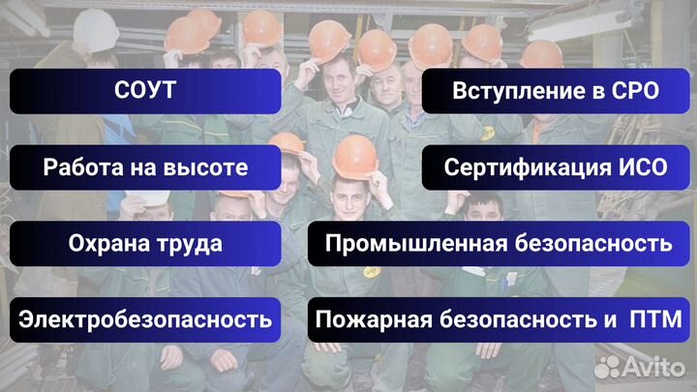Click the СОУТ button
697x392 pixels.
coord(145,92)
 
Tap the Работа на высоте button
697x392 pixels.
coord(145,167)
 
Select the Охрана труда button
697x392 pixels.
coord(145,243)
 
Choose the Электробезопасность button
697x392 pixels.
coord(145,318)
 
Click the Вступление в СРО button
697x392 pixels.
coord(556,92)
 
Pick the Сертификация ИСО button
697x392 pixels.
coord(556,167)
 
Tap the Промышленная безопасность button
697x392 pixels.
coord(499,243)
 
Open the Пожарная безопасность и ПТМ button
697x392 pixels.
coord(499,318)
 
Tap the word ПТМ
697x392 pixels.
coord(655,318)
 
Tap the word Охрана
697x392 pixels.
coord(103,243)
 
